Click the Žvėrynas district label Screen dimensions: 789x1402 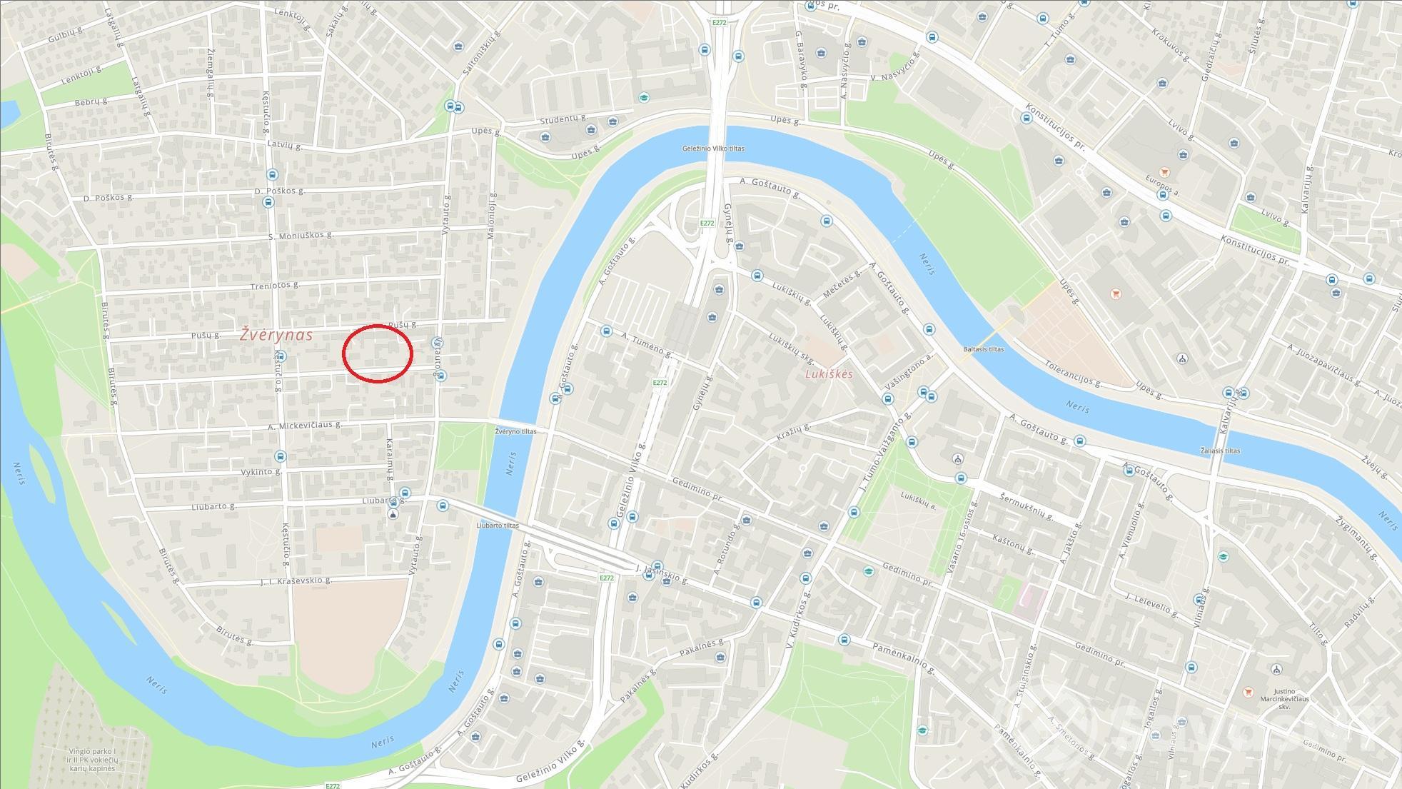tap(276, 334)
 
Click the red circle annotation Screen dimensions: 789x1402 tap(378, 353)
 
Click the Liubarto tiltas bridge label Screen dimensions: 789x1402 tap(498, 526)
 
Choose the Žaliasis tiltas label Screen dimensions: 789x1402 tap(1220, 451)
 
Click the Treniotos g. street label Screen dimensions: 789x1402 tap(274, 285)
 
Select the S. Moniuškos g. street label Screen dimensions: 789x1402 tap(301, 235)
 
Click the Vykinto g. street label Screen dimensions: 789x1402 tap(261, 472)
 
